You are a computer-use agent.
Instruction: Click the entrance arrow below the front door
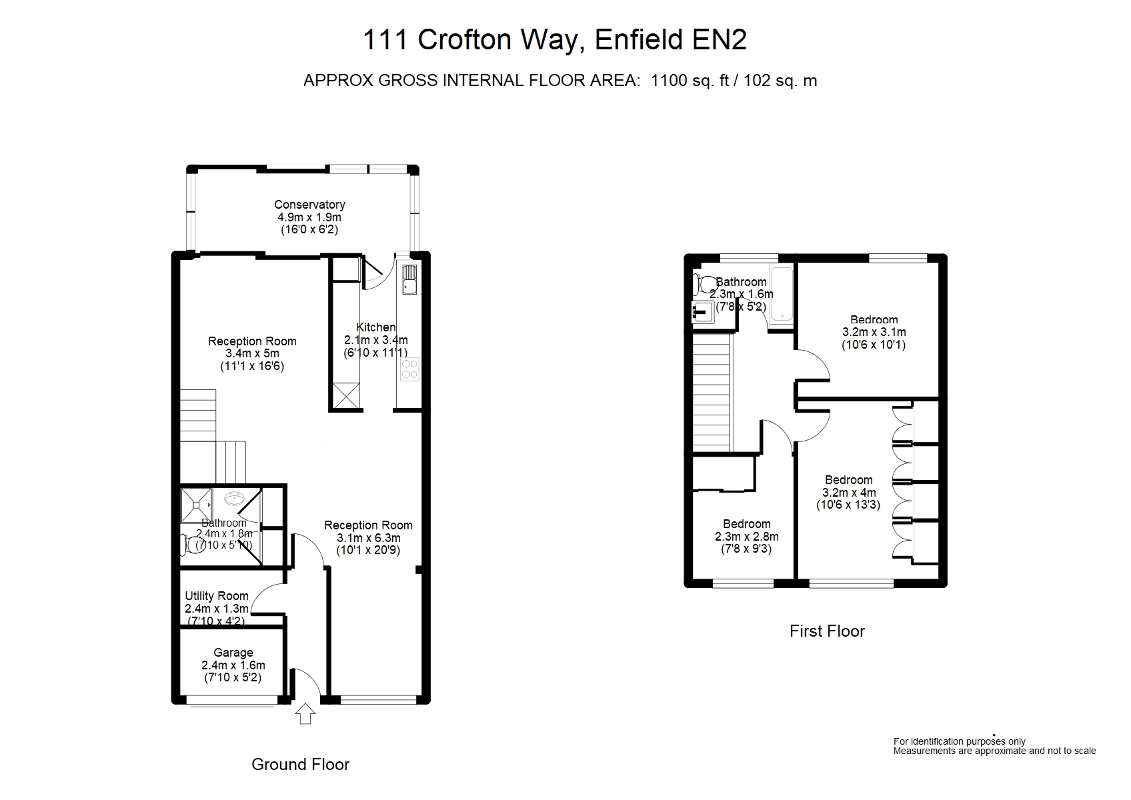(305, 714)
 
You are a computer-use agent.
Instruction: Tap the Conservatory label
(309, 205)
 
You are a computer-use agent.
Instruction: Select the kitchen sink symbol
(409, 279)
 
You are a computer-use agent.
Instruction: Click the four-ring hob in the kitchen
(409, 369)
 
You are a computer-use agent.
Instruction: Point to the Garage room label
(233, 653)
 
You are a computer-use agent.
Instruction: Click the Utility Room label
(217, 596)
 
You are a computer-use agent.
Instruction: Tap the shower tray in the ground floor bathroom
(197, 505)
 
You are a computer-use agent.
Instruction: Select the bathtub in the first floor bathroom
(782, 294)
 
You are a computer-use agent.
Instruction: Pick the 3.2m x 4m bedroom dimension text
(850, 492)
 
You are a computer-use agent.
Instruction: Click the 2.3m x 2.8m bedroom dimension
(747, 537)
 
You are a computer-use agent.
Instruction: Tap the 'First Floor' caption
(827, 631)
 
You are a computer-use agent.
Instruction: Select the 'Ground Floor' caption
(300, 764)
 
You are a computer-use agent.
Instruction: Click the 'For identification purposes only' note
(960, 741)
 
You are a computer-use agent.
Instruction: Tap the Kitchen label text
(376, 327)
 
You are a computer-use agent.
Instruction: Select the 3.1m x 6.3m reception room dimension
(369, 537)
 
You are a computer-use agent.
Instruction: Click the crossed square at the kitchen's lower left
(346, 396)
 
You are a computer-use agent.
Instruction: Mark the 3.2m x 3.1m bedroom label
(874, 332)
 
